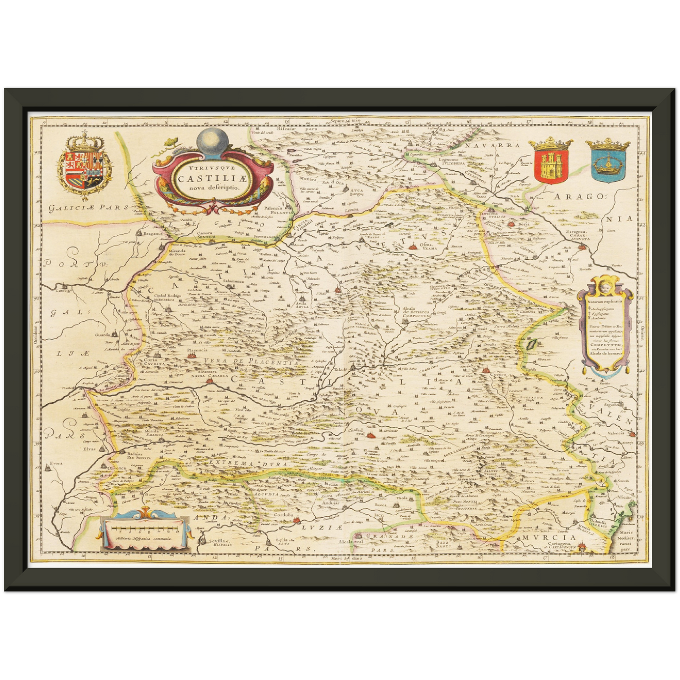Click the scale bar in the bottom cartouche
[144, 529]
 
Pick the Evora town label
[56, 463]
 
